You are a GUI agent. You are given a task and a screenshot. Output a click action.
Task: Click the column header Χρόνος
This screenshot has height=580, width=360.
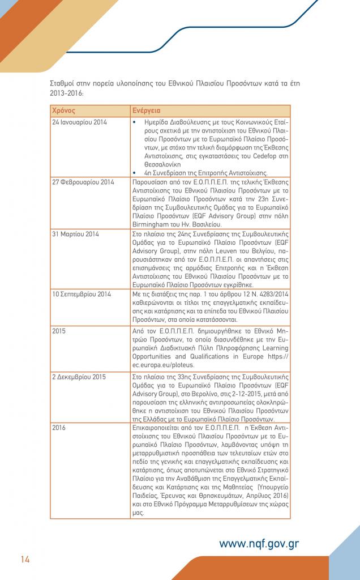(x=63, y=110)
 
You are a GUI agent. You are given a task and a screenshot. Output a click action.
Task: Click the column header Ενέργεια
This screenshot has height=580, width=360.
(x=146, y=110)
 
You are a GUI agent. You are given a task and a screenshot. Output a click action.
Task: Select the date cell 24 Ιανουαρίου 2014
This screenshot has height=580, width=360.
(x=79, y=122)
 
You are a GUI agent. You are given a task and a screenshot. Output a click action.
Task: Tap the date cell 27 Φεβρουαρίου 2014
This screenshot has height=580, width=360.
(x=83, y=182)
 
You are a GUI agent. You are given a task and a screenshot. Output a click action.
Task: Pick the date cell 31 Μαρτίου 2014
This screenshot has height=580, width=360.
(x=75, y=233)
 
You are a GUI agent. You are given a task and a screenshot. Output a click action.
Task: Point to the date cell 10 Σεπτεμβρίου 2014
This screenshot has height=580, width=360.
(x=82, y=294)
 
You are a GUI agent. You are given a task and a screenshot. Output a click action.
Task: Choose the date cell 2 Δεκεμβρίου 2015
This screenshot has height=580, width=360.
(x=79, y=376)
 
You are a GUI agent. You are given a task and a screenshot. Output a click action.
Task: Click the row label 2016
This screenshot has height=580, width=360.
(x=59, y=428)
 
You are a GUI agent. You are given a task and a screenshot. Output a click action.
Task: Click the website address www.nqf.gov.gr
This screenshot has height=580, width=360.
(x=259, y=544)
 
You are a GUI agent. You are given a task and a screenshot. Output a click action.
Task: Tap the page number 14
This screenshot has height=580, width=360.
(x=25, y=560)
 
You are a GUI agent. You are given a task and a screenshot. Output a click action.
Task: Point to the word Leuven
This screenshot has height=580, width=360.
(x=215, y=259)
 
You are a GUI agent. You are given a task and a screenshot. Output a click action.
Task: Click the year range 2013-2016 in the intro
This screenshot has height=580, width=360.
(x=67, y=92)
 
